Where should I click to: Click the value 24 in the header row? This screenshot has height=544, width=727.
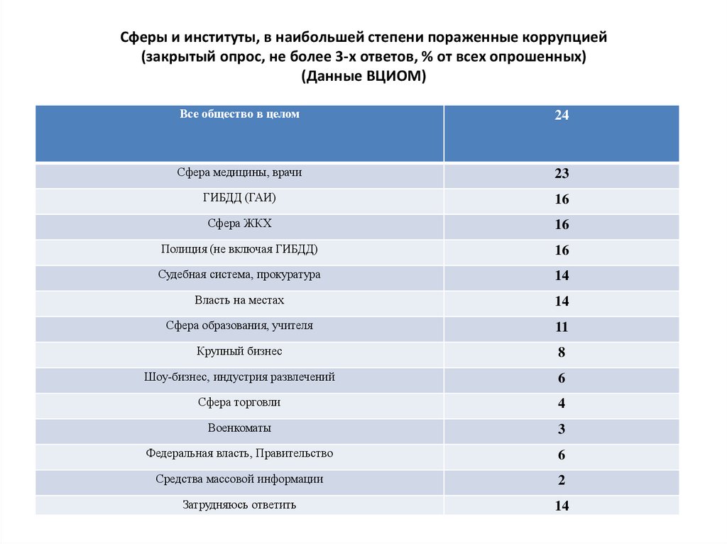[562, 116]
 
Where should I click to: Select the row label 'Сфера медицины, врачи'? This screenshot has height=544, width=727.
[239, 172]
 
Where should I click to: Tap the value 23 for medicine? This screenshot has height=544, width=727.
[562, 174]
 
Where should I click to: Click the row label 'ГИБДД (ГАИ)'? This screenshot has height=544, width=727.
[239, 198]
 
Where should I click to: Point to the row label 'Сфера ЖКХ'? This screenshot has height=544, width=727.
[239, 223]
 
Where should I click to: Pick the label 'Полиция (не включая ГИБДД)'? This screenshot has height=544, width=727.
[239, 249]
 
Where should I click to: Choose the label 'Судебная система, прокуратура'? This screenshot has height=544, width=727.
[239, 274]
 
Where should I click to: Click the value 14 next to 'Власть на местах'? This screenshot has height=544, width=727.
[562, 301]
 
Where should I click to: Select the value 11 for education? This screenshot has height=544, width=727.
[562, 327]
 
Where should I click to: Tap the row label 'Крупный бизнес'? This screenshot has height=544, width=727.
[239, 351]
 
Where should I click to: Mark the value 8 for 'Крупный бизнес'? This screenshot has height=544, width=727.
[562, 353]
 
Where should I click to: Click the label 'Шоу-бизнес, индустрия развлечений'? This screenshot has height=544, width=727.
[239, 377]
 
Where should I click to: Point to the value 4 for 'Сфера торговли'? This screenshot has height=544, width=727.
[562, 404]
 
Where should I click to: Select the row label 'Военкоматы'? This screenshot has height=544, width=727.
[239, 428]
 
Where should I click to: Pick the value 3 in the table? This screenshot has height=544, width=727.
[562, 429]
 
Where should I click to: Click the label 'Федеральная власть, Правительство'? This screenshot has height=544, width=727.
[239, 453]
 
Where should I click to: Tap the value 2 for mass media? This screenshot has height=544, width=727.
[562, 480]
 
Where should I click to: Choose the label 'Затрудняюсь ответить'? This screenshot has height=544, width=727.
[239, 505]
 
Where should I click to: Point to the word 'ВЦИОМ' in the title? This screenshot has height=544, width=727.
[392, 77]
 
